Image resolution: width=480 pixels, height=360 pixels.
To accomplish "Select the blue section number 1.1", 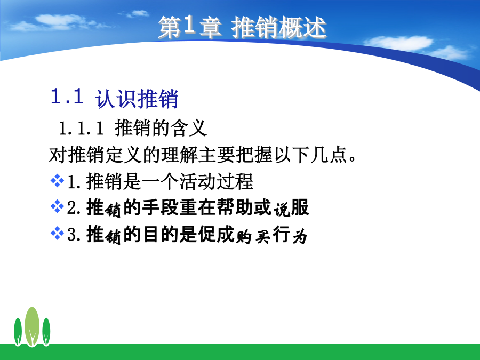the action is [67, 96].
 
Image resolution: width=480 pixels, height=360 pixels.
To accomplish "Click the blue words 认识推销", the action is [137, 99].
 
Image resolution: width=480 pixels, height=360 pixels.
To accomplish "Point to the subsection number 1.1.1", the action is [82, 128].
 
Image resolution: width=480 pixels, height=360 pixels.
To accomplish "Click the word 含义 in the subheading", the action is [189, 127].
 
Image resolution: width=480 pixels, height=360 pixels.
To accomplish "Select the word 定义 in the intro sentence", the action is [123, 154].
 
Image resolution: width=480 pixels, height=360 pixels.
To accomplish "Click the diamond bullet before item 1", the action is [57, 180].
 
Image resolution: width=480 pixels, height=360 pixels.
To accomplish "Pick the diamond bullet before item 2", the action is [57, 206].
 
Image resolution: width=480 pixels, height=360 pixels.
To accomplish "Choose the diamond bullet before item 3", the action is [57, 233].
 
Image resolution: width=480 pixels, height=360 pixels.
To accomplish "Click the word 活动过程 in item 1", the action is [216, 181].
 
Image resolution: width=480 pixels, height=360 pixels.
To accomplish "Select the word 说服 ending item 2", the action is [291, 208].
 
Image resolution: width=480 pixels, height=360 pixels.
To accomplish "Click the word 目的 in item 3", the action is [161, 234].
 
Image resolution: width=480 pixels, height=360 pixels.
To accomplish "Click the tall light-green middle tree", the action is [32, 326].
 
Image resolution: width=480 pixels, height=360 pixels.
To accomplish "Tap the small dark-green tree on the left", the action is [18, 332].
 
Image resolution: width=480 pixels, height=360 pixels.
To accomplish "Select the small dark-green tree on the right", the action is [46, 332].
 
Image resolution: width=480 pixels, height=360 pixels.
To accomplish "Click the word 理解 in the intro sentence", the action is [179, 154].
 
